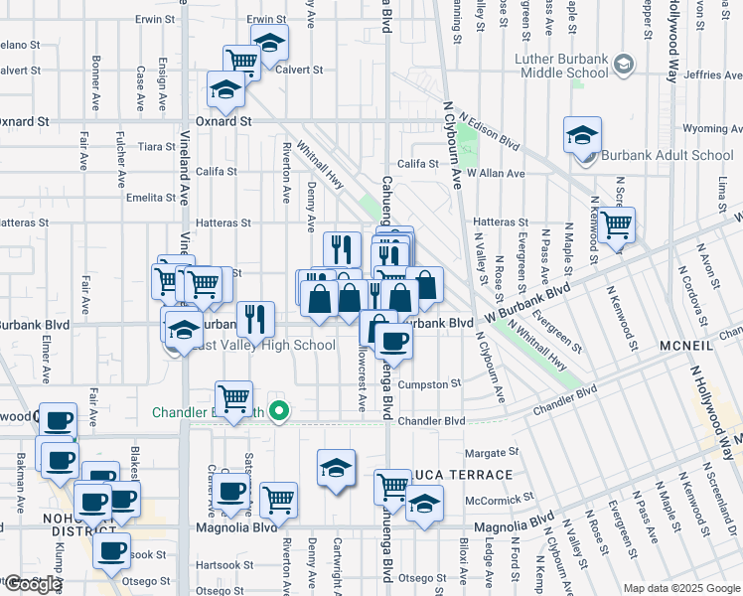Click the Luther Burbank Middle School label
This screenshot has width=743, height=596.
click(x=561, y=66)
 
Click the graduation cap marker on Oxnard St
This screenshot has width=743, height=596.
click(x=226, y=90)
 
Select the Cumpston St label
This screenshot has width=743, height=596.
click(x=429, y=383)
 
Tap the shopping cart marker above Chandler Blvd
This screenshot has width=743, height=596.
click(x=233, y=399)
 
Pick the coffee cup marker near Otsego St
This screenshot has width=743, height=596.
click(x=111, y=549)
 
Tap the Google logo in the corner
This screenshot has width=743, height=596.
click(x=33, y=584)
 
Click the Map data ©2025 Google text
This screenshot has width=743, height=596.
click(x=680, y=588)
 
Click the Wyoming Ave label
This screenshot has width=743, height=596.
click(x=712, y=129)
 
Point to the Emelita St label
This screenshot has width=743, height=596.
click(x=152, y=198)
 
